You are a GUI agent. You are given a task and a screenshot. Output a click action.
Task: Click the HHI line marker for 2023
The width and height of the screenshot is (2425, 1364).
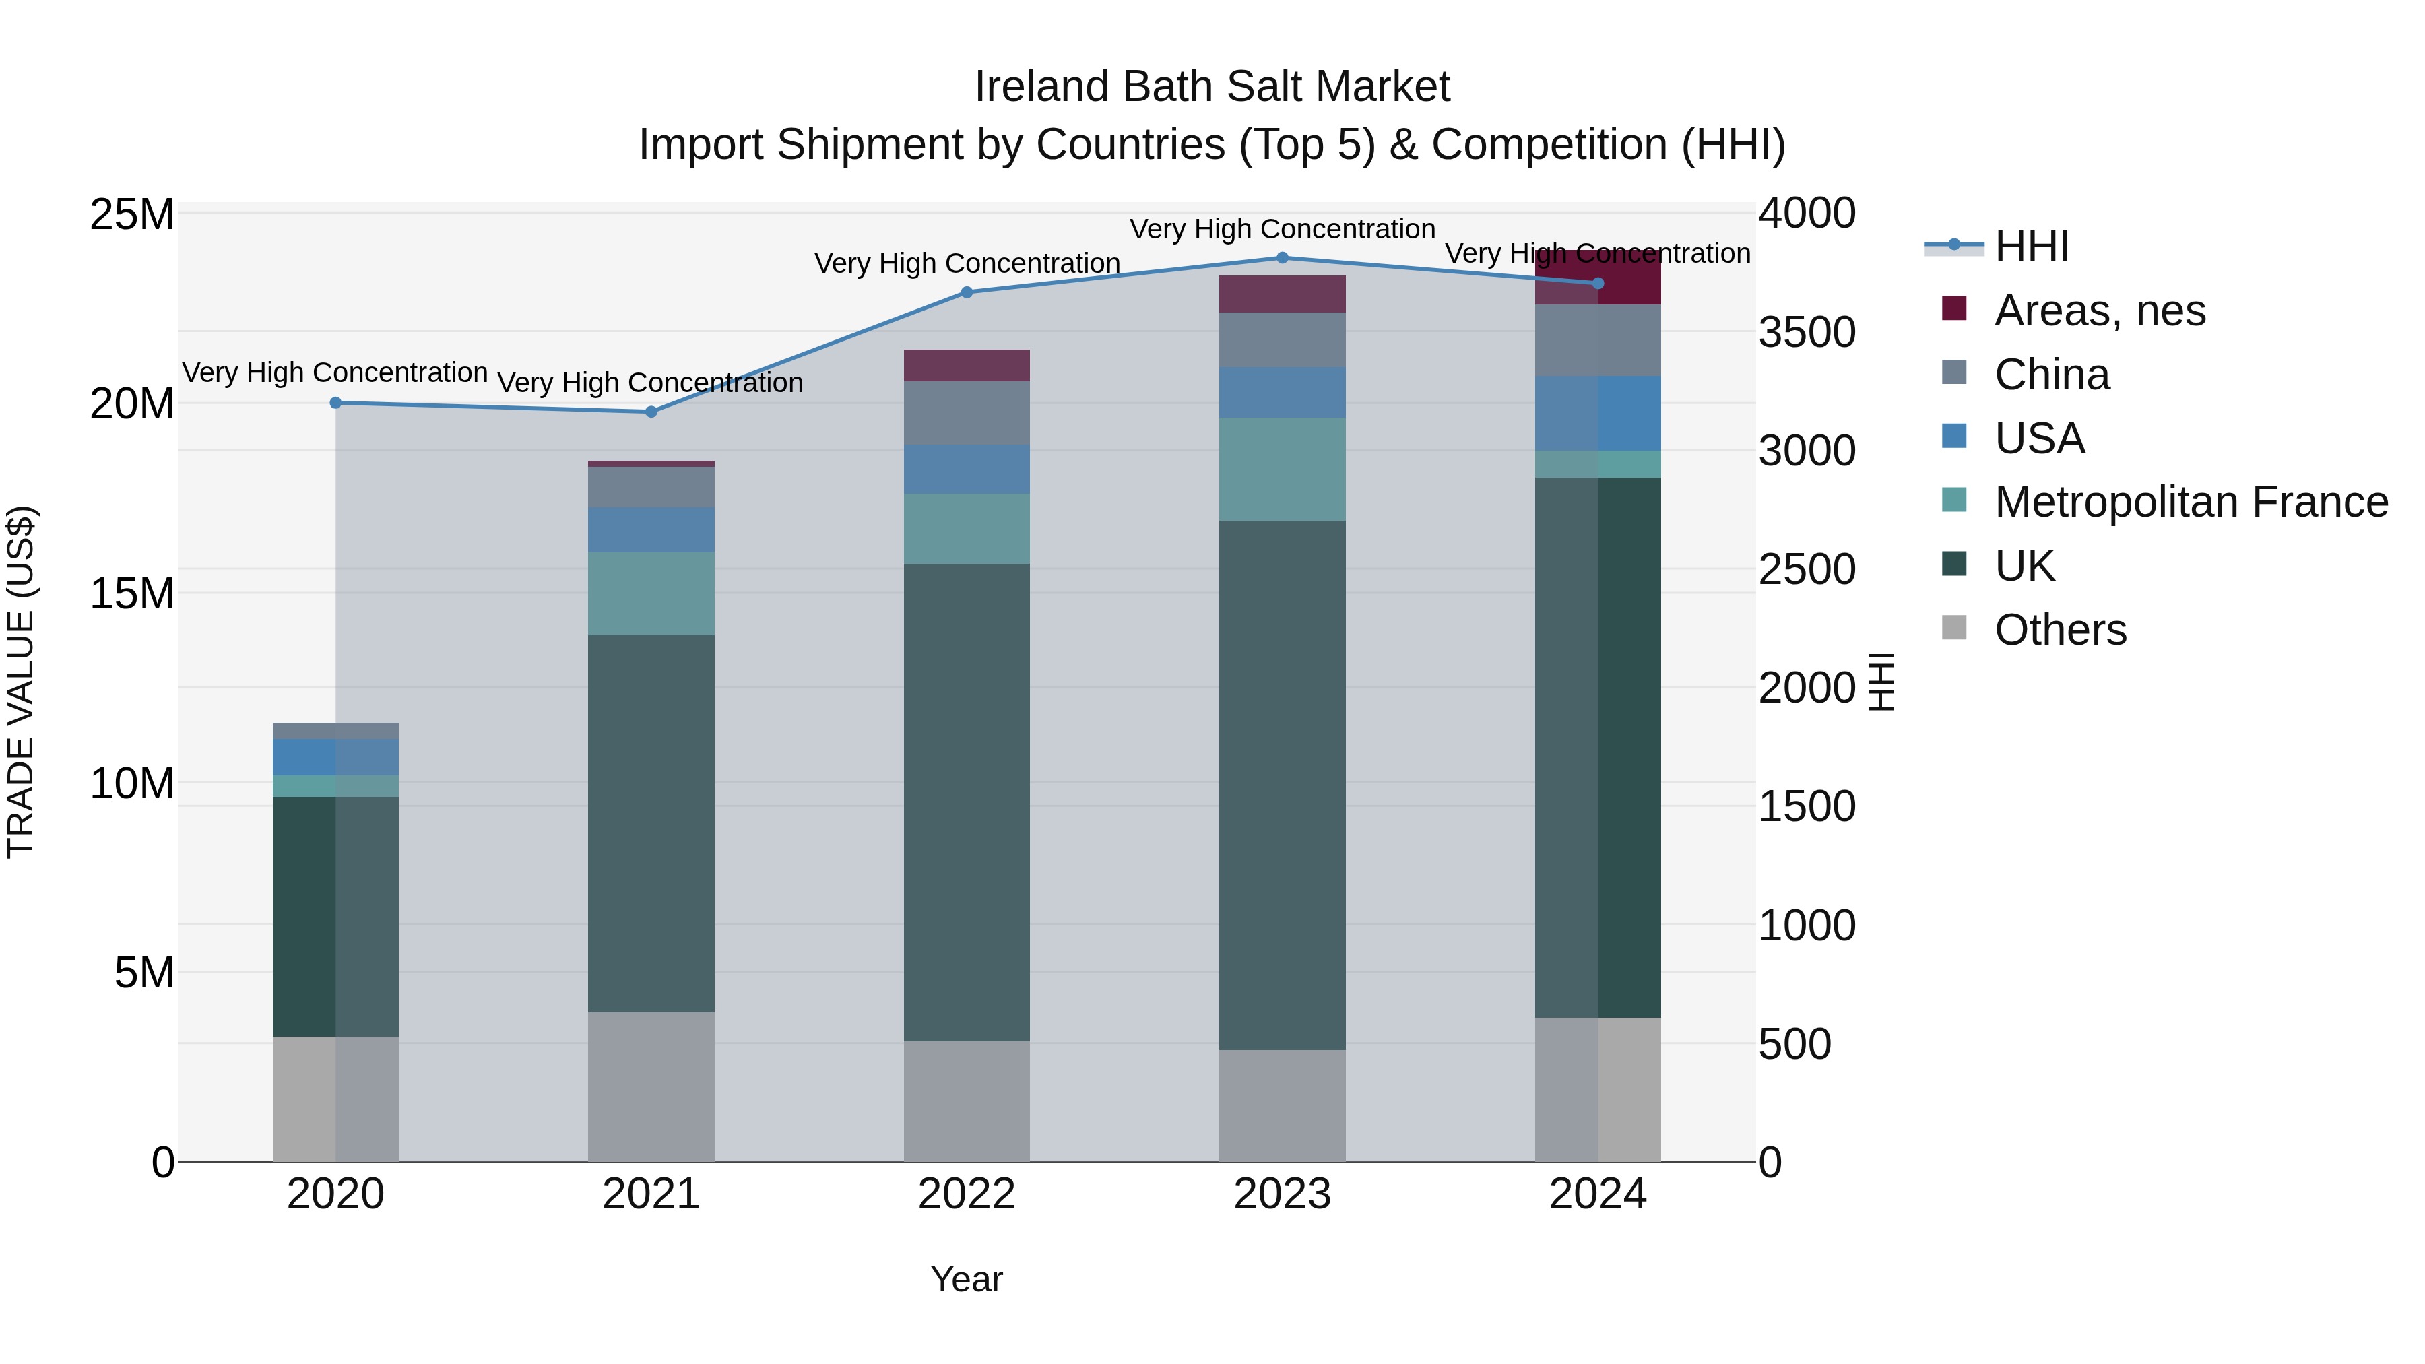1281,258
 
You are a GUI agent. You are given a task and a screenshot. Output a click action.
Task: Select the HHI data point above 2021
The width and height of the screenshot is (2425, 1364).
651,412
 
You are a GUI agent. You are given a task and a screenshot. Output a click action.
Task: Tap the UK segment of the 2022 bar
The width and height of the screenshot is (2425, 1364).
966,802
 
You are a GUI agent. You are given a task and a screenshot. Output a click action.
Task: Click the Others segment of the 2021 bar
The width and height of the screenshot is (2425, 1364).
651,1086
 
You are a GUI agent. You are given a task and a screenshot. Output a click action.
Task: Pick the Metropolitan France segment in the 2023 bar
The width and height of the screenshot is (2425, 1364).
1281,469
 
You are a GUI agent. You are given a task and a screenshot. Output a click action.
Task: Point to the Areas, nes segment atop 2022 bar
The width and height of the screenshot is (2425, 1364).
966,365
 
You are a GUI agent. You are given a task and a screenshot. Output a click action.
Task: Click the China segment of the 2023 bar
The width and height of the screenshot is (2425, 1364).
1281,340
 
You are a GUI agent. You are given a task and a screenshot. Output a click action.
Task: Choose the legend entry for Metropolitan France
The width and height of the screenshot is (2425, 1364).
2191,502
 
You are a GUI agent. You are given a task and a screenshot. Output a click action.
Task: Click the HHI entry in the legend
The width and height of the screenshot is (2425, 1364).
2032,247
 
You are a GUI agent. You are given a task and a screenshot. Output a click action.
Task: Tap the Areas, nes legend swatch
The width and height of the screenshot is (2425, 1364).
1954,308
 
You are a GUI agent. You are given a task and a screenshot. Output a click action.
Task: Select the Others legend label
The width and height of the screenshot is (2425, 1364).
2060,630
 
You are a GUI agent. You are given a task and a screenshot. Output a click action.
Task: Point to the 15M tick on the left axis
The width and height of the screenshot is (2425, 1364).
132,594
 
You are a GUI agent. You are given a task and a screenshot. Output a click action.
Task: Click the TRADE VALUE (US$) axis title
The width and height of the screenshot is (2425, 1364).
21,682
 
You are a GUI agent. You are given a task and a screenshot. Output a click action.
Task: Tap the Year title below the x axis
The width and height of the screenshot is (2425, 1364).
966,1279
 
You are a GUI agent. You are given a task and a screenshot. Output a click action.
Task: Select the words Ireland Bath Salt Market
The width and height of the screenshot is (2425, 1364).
1212,87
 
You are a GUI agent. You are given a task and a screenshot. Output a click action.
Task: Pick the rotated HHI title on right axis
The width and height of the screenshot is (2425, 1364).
1880,682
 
